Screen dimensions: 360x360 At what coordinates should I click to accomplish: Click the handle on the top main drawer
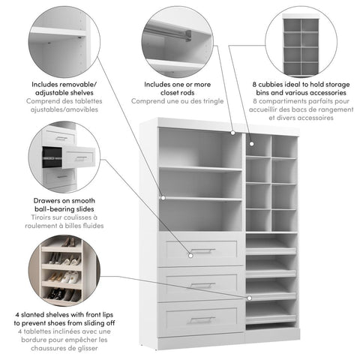click(x=202, y=250)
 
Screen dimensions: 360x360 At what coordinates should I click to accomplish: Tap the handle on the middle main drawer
click(x=202, y=284)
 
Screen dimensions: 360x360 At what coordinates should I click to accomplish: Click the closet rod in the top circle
click(x=168, y=31)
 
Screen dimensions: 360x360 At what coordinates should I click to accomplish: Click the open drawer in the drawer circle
click(x=78, y=157)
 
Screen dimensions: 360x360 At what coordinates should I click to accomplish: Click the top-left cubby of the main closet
click(x=257, y=145)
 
